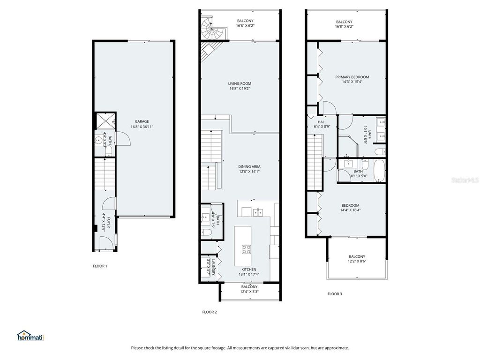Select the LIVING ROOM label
(x=240, y=83)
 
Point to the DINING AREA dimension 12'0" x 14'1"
(x=249, y=172)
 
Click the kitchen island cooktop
(x=246, y=248)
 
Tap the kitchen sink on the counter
(x=257, y=212)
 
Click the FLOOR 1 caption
(x=100, y=266)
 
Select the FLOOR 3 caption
(x=335, y=294)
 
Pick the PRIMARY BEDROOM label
(x=352, y=77)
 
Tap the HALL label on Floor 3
(x=322, y=122)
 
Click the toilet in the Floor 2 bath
(x=206, y=232)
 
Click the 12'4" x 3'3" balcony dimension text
(x=249, y=292)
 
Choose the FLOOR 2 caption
(x=210, y=312)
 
